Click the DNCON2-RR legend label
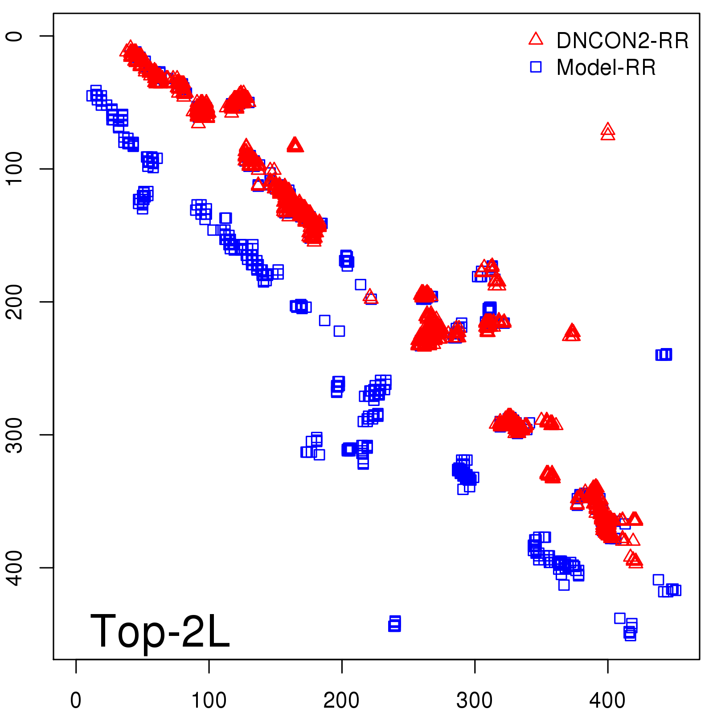pos(622,41)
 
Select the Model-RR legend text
pos(606,68)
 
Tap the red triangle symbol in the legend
pos(536,39)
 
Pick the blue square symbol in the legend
pos(536,67)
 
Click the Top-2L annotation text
pos(160,631)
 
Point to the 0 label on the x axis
pos(76,701)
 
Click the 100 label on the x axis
pos(209,701)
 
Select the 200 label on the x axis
pos(341,701)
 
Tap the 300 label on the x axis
pos(475,701)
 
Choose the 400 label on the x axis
pos(607,701)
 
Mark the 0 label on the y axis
pos(15,36)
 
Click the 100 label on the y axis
pos(15,169)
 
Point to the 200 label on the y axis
pos(15,302)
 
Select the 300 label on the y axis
pos(15,434)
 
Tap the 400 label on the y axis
pos(15,567)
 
